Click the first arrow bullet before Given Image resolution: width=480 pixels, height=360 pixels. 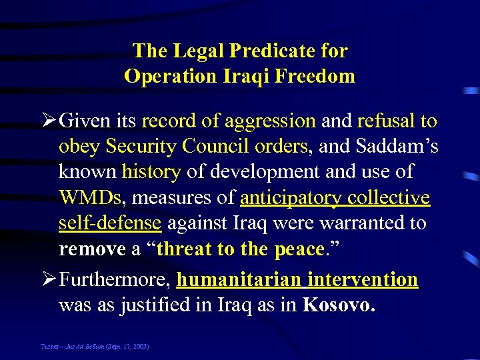coord(49,121)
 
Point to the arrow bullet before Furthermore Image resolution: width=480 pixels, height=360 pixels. coord(49,280)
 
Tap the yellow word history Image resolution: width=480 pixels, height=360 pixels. coord(151,172)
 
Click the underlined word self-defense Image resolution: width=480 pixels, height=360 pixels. coord(110,223)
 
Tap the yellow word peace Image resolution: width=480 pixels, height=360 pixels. coord(298,249)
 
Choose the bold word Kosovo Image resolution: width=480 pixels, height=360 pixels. coord(339,306)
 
